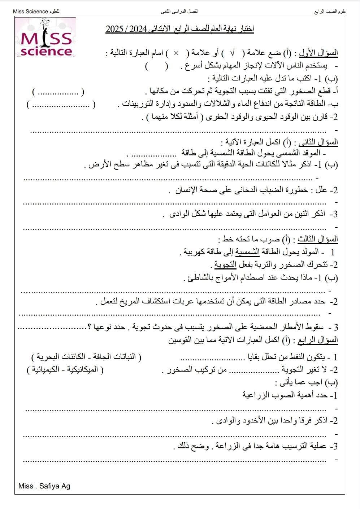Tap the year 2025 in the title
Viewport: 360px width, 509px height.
115,29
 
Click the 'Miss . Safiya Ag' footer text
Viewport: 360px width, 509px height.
44,486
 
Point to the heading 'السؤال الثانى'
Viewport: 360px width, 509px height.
316,141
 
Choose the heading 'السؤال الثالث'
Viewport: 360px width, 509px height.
317,239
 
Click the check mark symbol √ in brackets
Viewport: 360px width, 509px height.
232,53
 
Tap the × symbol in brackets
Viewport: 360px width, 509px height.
176,53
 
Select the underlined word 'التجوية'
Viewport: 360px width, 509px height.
225,264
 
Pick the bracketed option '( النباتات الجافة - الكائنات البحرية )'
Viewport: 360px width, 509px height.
86,357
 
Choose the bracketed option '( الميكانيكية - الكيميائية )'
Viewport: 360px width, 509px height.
65,370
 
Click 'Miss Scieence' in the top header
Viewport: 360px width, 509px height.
30,12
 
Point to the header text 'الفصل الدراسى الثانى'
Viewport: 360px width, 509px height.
179,12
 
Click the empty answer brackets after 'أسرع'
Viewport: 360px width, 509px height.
157,66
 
